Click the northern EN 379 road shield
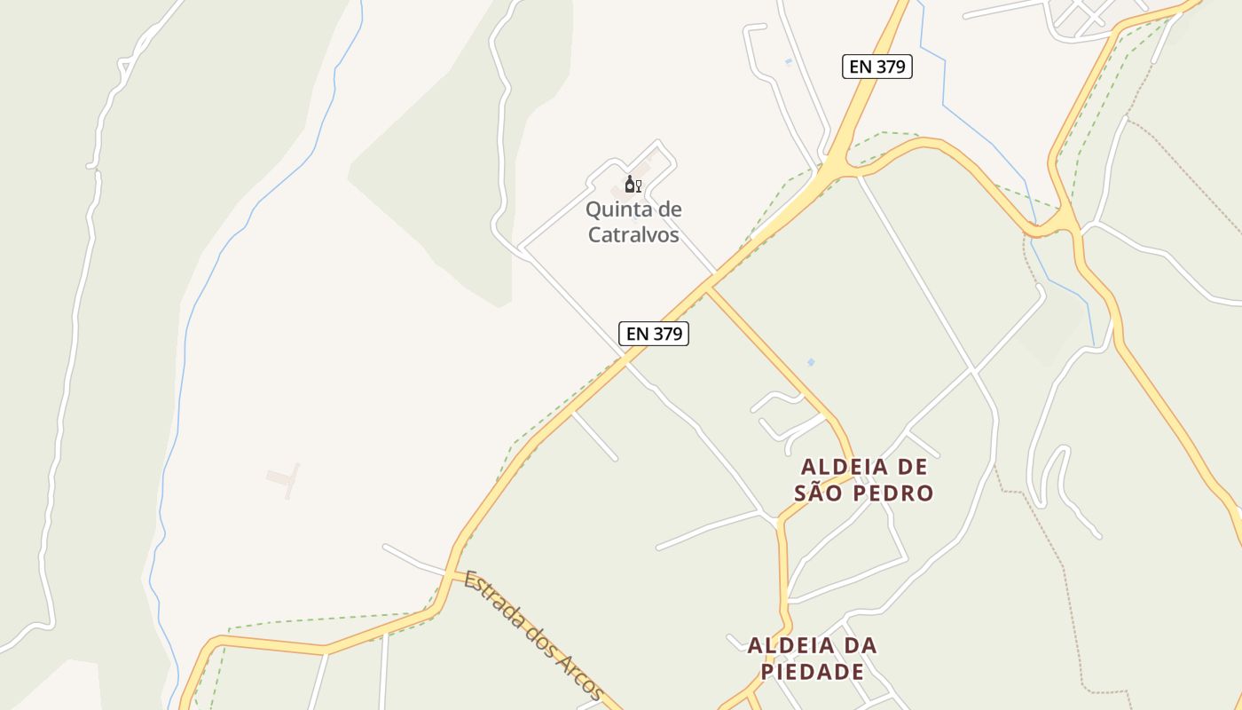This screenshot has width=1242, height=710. coord(876,67)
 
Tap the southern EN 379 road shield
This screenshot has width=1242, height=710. coord(654,334)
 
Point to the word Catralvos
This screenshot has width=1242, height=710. coord(633,235)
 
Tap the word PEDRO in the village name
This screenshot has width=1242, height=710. coord(892,493)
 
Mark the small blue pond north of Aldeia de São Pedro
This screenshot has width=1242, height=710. coord(810,362)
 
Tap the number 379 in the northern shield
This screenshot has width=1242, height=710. coord(890,67)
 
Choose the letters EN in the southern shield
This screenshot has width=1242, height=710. coord(637,334)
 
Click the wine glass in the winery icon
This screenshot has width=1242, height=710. coord(638,185)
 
